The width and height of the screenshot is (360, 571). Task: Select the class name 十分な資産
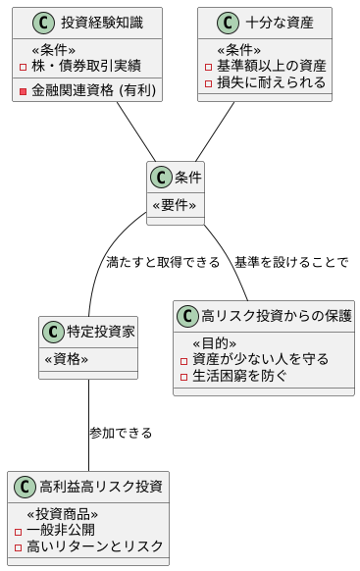(x=280, y=23)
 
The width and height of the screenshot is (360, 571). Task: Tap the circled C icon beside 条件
(x=162, y=178)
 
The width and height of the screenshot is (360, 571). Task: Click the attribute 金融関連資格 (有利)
(x=93, y=91)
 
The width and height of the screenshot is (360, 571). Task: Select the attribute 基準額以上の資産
(x=272, y=65)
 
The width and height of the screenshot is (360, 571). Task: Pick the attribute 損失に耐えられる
(x=272, y=82)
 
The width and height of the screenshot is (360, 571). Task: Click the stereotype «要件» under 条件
(x=175, y=205)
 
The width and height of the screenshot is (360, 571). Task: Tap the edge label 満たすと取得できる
(x=162, y=262)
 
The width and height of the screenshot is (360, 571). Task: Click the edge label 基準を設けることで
(x=291, y=262)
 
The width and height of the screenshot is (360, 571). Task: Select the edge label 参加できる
(x=121, y=433)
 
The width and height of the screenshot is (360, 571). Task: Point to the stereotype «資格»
(x=67, y=359)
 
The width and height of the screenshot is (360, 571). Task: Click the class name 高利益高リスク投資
(x=101, y=488)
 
